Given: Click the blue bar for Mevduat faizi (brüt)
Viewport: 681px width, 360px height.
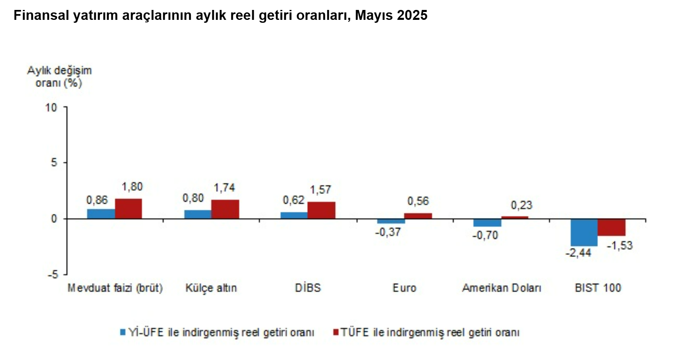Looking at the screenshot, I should [x=101, y=214].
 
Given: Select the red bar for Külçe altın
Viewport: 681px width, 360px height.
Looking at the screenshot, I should [x=225, y=209].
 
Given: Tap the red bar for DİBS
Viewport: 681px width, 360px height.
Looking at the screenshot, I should [x=321, y=210].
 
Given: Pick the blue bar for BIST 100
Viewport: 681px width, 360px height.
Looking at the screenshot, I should [x=584, y=232].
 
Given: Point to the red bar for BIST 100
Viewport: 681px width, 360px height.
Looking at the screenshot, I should [x=611, y=227].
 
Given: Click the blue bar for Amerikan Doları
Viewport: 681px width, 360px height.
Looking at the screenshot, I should [x=487, y=223].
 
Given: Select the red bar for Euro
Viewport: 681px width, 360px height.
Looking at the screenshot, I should [x=418, y=216].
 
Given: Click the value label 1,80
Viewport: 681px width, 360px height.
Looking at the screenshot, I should [x=132, y=187].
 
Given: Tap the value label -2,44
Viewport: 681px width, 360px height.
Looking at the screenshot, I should [x=578, y=253].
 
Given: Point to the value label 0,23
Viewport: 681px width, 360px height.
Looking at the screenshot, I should [x=521, y=205].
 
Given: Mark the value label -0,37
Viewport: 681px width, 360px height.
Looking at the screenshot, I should [x=388, y=232].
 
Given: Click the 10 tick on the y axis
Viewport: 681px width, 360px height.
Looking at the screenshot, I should [x=51, y=108].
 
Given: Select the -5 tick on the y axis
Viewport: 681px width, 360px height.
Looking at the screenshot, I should [x=53, y=274].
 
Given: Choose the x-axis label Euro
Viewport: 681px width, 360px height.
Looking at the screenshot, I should [x=404, y=288].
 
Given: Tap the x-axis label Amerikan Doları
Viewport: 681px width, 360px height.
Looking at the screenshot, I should [x=501, y=288].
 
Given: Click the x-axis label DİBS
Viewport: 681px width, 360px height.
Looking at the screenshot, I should [x=308, y=288].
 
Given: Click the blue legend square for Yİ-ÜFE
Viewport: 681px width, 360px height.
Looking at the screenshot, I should [x=122, y=332].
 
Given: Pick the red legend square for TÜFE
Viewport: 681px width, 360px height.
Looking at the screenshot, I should [x=336, y=332].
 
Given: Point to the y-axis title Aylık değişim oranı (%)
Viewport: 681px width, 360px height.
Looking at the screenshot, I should [x=59, y=77].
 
